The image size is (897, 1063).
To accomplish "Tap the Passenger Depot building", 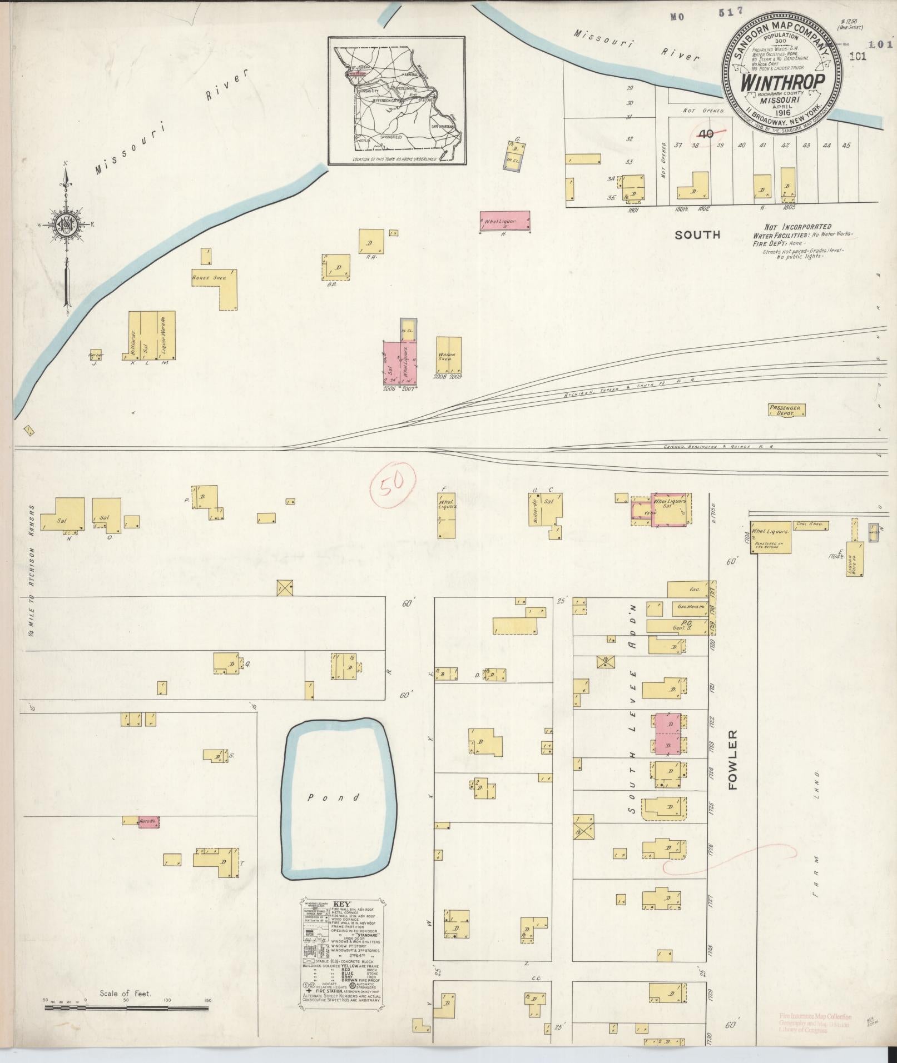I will [x=786, y=411].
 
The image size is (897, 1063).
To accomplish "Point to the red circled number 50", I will [x=393, y=487].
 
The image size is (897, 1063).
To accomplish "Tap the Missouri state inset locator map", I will [x=396, y=101].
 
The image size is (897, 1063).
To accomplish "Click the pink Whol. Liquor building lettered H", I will [x=504, y=221].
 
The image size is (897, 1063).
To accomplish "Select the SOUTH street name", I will [x=697, y=235].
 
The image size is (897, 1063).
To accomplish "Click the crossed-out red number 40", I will [x=707, y=134].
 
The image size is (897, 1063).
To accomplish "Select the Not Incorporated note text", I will [x=798, y=227].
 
